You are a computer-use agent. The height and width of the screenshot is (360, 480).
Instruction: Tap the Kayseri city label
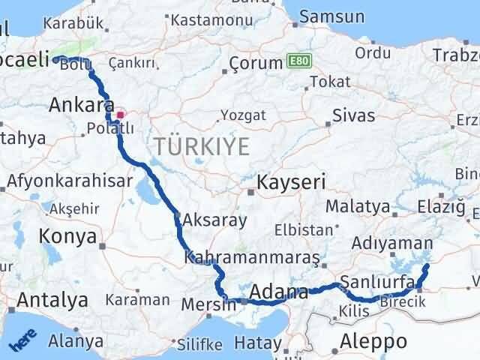[x=291, y=182]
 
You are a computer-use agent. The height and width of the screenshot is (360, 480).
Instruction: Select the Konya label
[x=70, y=237]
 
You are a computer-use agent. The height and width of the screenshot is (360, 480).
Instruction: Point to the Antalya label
[x=52, y=301]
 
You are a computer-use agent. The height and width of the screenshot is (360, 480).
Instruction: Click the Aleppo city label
[x=373, y=342]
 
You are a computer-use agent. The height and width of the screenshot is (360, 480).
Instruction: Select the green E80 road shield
[x=298, y=61]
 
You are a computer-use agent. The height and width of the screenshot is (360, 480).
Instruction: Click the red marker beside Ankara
[x=119, y=115]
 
